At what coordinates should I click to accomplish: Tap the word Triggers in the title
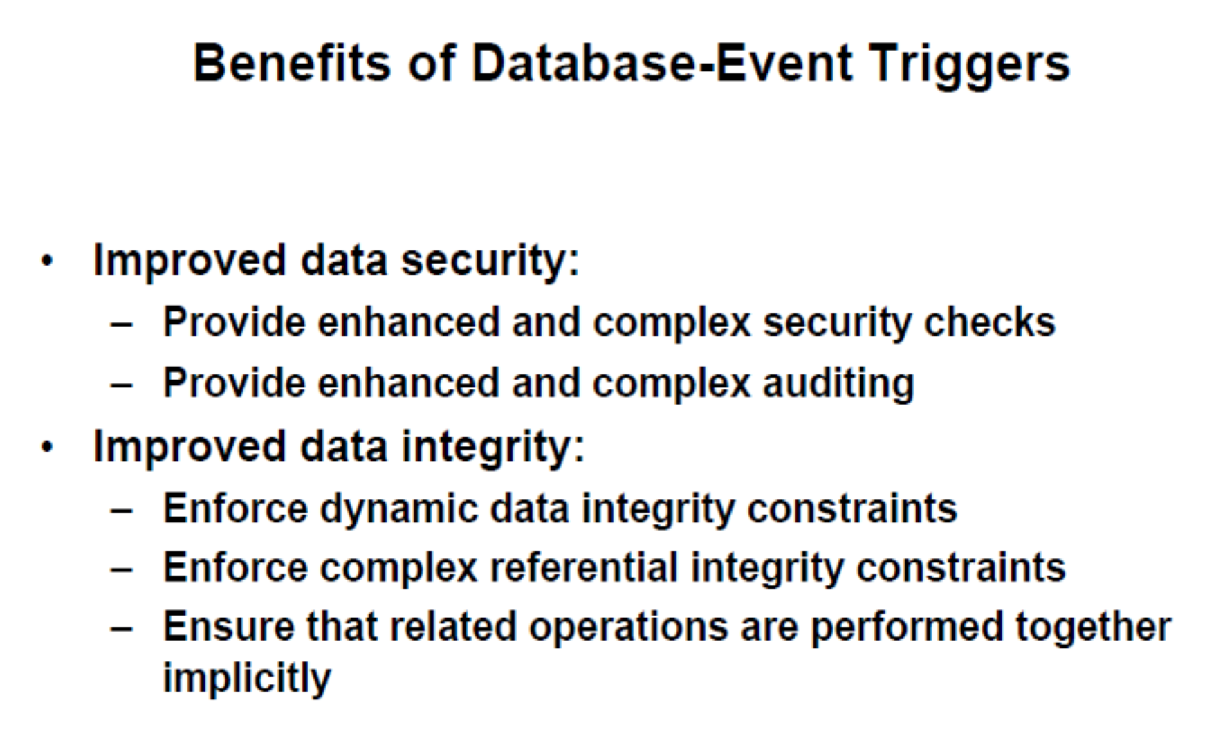(x=969, y=64)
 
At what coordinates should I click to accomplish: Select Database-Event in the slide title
(x=661, y=63)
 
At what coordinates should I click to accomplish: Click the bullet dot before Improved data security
(x=47, y=262)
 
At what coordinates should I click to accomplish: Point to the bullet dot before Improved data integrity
(x=47, y=448)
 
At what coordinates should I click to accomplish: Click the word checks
(x=989, y=322)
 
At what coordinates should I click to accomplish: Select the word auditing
(x=838, y=384)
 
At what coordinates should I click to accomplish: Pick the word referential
(x=584, y=568)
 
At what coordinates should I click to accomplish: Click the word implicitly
(x=247, y=678)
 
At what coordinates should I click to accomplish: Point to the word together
(x=1093, y=627)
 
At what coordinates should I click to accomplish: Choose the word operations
(x=628, y=628)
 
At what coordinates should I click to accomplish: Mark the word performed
(x=906, y=628)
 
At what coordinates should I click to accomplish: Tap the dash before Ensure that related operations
(x=122, y=629)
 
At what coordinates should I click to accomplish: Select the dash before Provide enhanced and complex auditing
(x=122, y=385)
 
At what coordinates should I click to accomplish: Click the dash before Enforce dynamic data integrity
(x=122, y=511)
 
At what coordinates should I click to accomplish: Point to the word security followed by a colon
(x=484, y=262)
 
